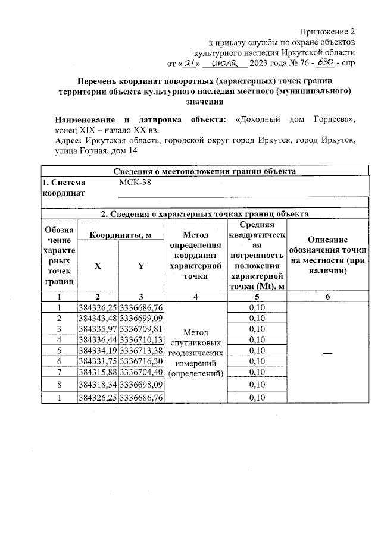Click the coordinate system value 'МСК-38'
click(x=135, y=183)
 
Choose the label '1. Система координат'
click(x=64, y=188)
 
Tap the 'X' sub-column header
click(x=98, y=266)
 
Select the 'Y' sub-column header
click(x=141, y=266)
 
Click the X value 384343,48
click(x=98, y=318)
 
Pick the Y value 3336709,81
click(x=141, y=329)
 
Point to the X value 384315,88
click(x=98, y=372)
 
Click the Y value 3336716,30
click(x=141, y=361)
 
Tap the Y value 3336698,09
click(x=141, y=385)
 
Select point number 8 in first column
click(x=59, y=385)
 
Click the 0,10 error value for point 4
click(x=256, y=339)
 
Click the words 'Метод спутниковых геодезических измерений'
click(x=196, y=352)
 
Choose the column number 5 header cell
click(x=256, y=296)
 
